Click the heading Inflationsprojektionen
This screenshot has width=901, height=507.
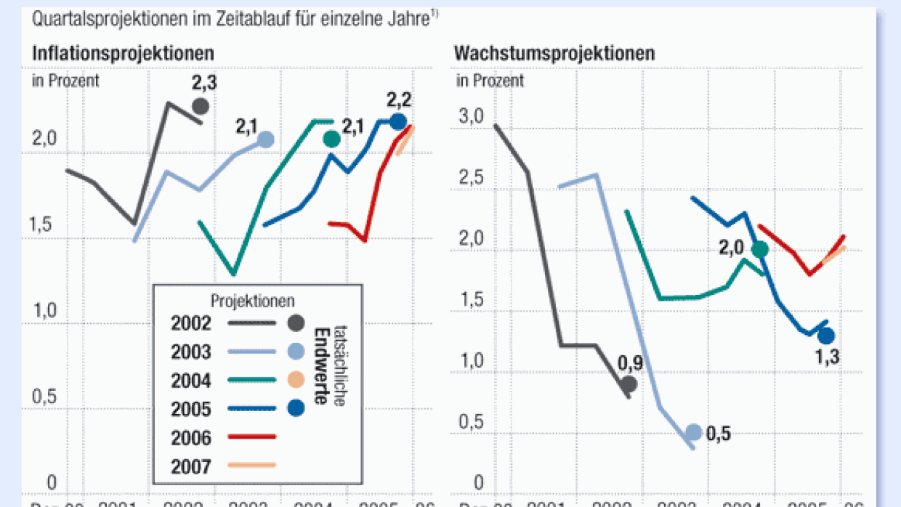point(123,53)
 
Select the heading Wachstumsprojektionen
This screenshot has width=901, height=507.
point(554,53)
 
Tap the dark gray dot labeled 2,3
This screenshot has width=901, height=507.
point(201,106)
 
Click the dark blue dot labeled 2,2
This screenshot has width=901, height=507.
point(397,121)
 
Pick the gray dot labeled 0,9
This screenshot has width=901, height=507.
point(629,384)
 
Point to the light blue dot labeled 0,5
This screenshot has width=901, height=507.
point(694,432)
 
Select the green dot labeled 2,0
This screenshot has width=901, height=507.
point(760,249)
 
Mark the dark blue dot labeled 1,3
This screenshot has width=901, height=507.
point(826,336)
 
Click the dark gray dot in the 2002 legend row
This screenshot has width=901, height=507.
point(295,323)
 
